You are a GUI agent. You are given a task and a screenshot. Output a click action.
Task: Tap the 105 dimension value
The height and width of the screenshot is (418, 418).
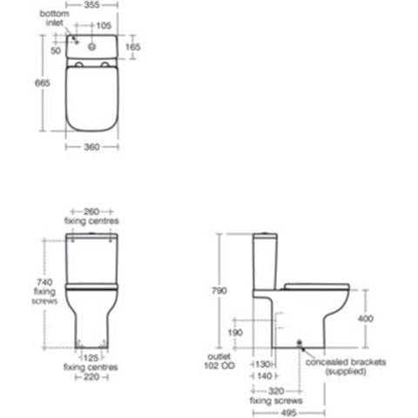pos(106,25)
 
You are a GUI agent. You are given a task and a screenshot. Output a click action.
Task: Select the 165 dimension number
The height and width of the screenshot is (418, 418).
pos(133,46)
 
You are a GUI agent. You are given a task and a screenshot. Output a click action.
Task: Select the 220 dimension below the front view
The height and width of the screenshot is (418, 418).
pos(92,377)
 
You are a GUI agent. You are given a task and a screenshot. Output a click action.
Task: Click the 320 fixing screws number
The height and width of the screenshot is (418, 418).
pos(285,392)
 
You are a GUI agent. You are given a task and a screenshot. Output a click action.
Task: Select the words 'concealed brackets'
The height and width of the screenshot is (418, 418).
pos(340,362)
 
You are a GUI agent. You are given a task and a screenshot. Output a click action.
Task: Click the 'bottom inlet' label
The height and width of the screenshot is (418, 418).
pos(55,20)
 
